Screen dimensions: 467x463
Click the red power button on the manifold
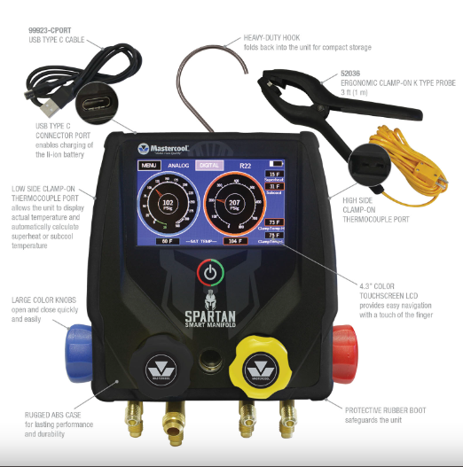(208, 272)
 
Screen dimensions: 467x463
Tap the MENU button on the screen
(149, 165)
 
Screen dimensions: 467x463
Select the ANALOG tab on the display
(179, 165)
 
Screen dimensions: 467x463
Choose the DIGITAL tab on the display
(210, 165)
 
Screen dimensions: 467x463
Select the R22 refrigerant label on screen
(245, 165)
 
